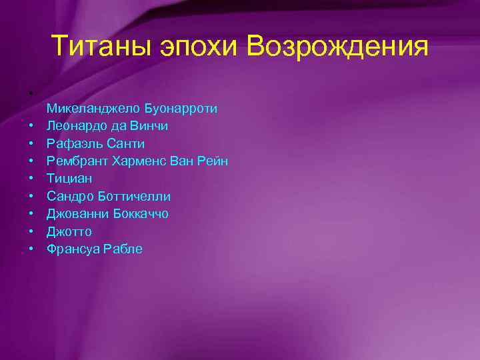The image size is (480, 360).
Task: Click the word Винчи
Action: click(x=148, y=125)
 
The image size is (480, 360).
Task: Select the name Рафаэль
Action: click(x=70, y=143)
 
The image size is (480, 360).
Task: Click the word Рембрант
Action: click(x=75, y=161)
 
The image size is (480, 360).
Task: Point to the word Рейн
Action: click(x=212, y=161)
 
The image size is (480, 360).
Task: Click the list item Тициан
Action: click(x=69, y=179)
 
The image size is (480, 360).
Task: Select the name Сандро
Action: click(x=69, y=196)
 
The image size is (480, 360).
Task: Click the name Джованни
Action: click(x=75, y=214)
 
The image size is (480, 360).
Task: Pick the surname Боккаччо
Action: click(x=139, y=214)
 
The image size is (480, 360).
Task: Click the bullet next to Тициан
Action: click(x=31, y=179)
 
